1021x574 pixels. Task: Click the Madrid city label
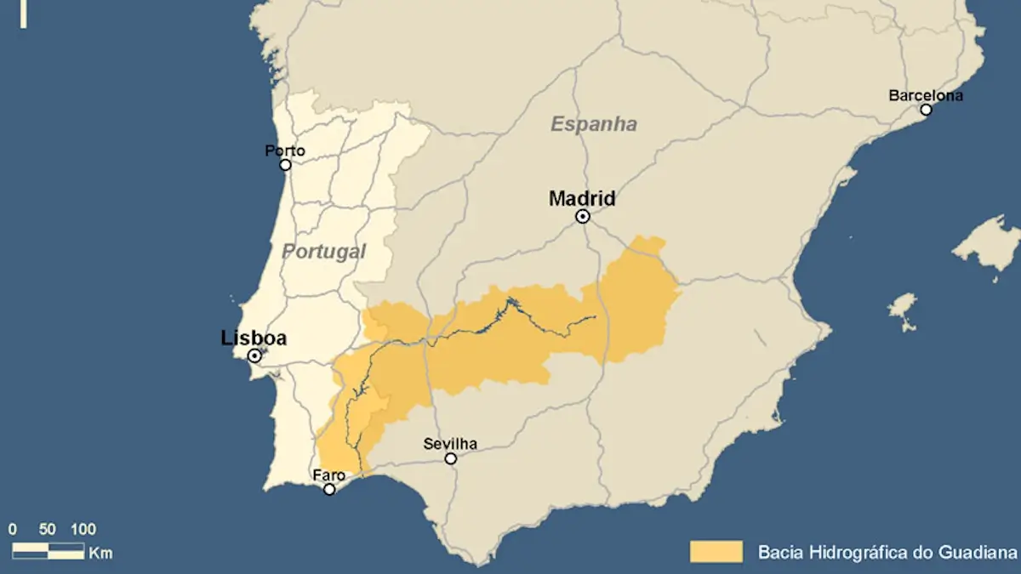[582, 199]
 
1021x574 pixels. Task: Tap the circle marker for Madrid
[583, 217]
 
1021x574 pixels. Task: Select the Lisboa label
[254, 338]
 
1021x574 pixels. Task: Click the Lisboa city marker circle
[254, 355]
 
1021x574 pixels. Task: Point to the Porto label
[285, 151]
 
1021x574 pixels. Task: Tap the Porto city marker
[286, 165]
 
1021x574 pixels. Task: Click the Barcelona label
[926, 95]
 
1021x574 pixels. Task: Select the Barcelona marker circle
[926, 110]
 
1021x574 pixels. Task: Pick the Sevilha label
[450, 444]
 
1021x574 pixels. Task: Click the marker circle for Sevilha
[451, 458]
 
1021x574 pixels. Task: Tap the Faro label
[328, 475]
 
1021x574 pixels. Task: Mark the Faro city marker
[329, 489]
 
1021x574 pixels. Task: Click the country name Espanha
[594, 124]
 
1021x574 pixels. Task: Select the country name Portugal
[324, 252]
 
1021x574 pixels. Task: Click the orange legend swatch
[716, 551]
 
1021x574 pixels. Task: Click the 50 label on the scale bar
[48, 529]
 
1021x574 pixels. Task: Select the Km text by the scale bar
[100, 553]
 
